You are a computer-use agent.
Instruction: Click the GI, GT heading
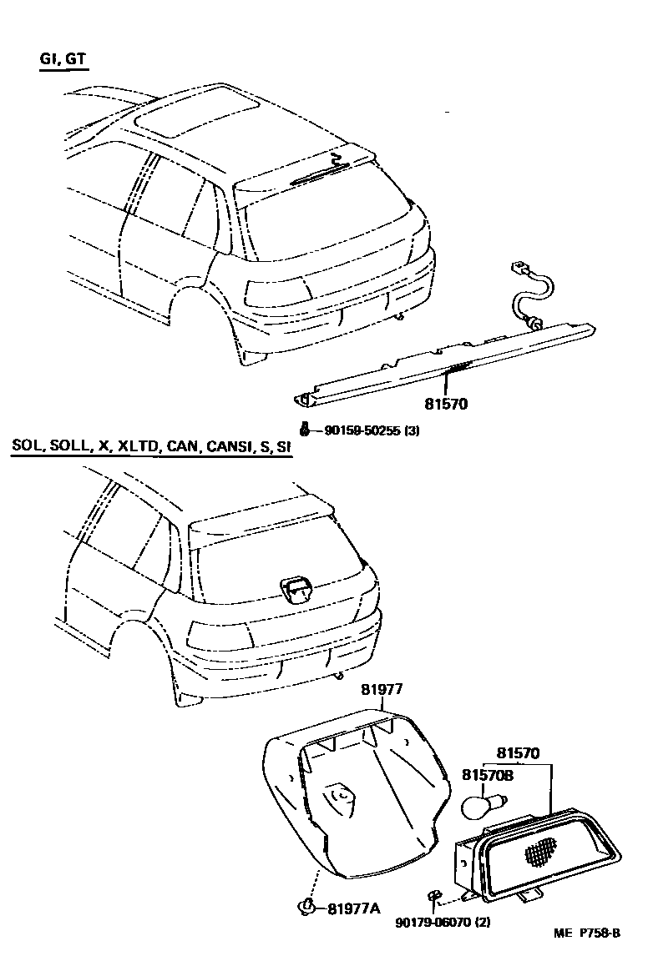[x=63, y=60]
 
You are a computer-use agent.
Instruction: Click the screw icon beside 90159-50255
[x=306, y=430]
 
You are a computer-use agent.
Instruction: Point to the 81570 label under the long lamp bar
[x=446, y=405]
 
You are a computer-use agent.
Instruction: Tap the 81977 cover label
[x=382, y=690]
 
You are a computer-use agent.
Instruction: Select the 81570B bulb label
[x=488, y=775]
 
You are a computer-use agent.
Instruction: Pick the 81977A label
[x=353, y=908]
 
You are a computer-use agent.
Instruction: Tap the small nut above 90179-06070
[x=433, y=897]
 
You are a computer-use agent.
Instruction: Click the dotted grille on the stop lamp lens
[x=541, y=849]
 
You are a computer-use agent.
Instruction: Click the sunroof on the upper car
[x=196, y=117]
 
